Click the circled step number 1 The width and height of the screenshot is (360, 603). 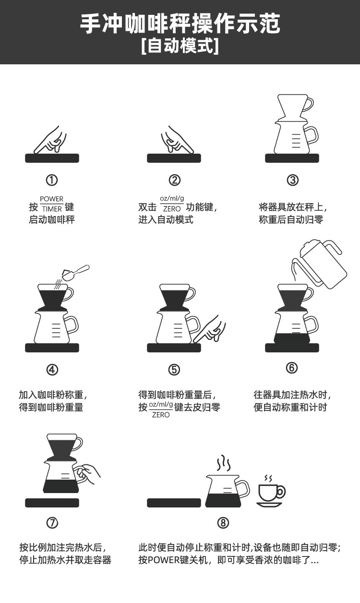52,180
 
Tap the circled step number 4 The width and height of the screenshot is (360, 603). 52,370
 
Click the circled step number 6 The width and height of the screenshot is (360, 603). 292,368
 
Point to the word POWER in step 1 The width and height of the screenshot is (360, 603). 51,199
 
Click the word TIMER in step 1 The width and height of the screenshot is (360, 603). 51,209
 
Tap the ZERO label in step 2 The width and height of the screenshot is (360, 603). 172,209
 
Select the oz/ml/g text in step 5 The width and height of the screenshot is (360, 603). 161,405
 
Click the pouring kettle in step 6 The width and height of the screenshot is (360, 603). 322,264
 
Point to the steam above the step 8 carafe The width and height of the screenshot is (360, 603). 223,464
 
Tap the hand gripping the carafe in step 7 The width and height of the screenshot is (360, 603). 89,473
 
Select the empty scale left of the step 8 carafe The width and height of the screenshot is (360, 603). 174,503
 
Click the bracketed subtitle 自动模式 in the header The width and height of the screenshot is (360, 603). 180,47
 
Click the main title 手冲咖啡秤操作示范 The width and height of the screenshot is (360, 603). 180,24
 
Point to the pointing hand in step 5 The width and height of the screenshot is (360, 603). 212,330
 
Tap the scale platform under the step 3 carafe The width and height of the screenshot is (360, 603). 292,158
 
